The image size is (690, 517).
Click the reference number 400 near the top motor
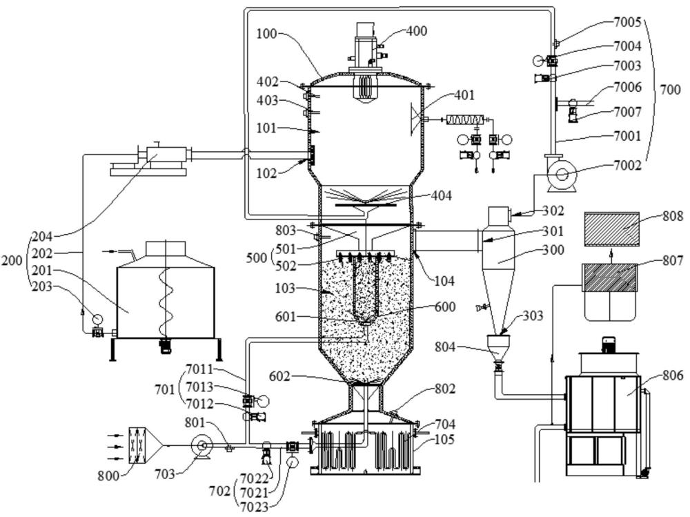(x=416, y=31)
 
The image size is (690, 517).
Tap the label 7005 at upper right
(x=627, y=23)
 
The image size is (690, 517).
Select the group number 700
(x=670, y=90)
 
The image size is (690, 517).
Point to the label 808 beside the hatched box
(x=672, y=216)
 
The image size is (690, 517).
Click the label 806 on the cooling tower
(x=672, y=375)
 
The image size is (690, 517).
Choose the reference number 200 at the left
(x=12, y=260)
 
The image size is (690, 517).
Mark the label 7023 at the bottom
(x=255, y=507)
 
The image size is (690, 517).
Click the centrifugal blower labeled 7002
(x=561, y=173)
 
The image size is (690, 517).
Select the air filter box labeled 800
(x=138, y=445)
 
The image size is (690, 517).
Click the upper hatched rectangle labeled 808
(x=611, y=229)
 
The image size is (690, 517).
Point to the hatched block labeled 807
(x=609, y=277)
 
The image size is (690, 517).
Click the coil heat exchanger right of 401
(x=464, y=119)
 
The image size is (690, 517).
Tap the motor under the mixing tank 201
(x=165, y=345)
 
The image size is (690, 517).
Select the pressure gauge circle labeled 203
(x=97, y=318)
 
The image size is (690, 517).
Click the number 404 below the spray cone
(x=441, y=195)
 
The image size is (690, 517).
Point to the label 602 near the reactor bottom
(x=280, y=376)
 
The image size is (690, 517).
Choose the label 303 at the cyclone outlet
(x=533, y=315)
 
